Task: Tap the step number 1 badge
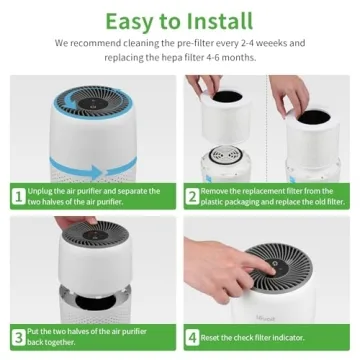[x=17, y=196]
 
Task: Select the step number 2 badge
[x=192, y=196]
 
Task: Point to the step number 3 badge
[x=17, y=336]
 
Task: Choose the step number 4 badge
[x=192, y=336]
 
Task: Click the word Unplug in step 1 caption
[x=41, y=191]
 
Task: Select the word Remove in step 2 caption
[x=218, y=191]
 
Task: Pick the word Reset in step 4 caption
[x=215, y=336]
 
